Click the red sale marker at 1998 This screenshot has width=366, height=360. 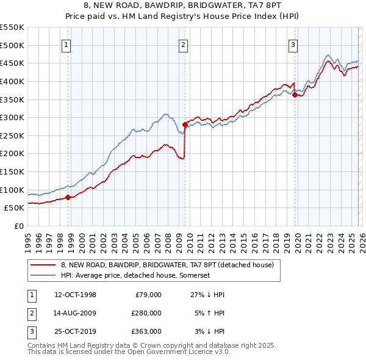[x=68, y=197]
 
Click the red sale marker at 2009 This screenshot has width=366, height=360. [x=185, y=124]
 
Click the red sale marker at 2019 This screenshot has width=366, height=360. [x=295, y=95]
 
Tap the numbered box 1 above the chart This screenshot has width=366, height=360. [x=65, y=44]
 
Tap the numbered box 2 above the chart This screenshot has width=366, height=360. [x=182, y=44]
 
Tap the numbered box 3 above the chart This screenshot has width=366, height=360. [x=293, y=44]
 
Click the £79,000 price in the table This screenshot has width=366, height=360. [x=147, y=295]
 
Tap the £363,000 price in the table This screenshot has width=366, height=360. [x=146, y=331]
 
